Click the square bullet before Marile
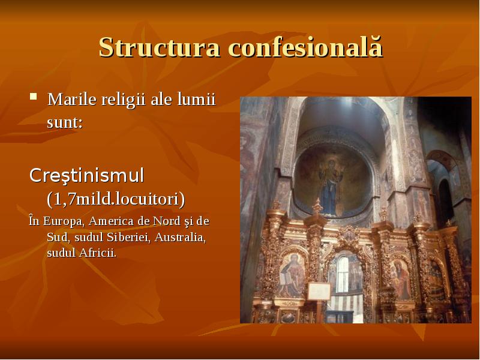[x=34, y=97]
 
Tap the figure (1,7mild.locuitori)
[x=116, y=197]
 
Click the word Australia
[x=181, y=237]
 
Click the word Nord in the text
[x=171, y=221]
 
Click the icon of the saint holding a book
[x=292, y=275]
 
